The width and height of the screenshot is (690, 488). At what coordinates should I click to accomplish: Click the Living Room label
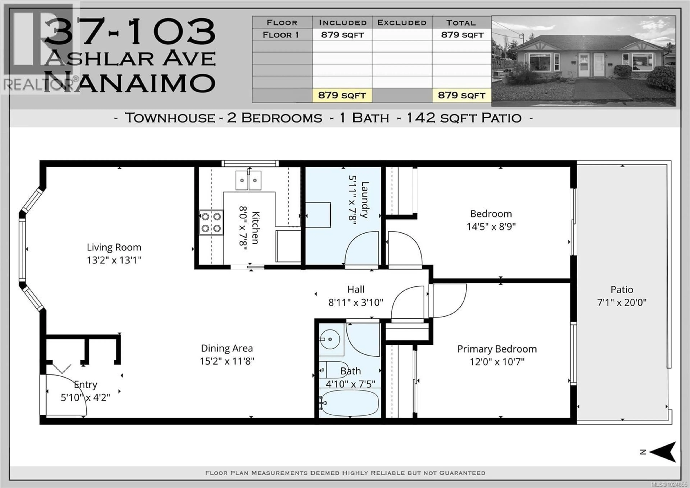click(114, 247)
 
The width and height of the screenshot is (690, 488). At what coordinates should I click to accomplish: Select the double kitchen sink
click(248, 180)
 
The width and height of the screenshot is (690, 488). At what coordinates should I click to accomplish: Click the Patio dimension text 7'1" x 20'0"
click(622, 302)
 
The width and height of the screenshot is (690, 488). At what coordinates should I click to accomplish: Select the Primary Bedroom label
click(497, 349)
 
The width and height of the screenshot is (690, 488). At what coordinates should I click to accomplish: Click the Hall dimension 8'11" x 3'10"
click(356, 302)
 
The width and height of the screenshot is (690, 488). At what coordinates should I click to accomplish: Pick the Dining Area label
click(227, 348)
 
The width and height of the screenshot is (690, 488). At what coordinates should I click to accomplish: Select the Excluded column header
click(402, 22)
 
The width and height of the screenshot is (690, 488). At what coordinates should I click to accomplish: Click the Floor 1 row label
click(281, 35)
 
